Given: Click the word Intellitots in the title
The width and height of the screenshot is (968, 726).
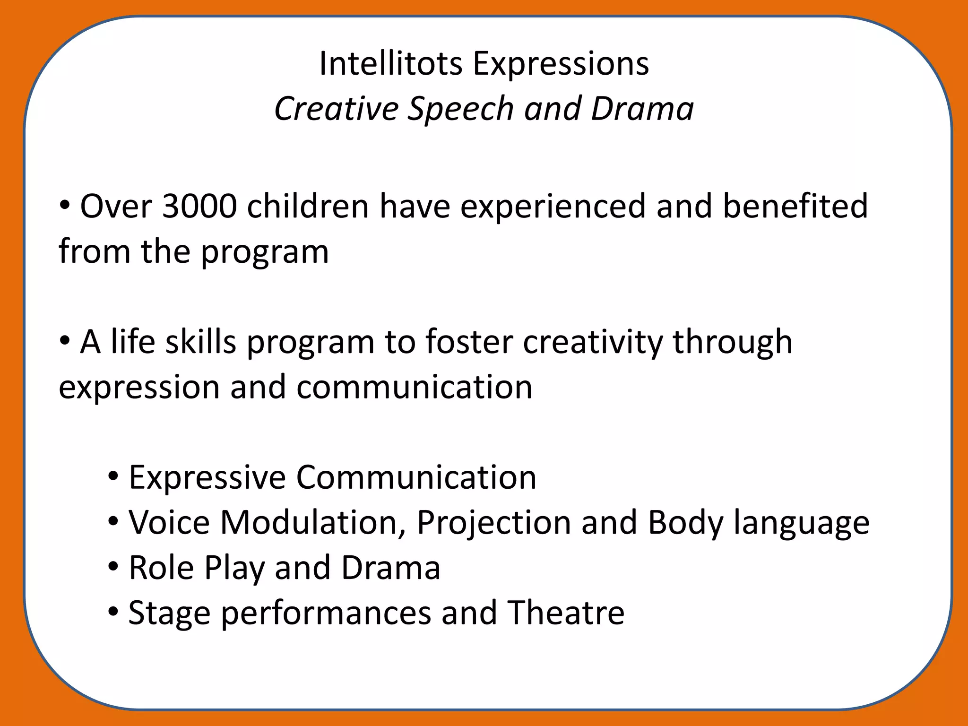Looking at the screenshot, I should (390, 63).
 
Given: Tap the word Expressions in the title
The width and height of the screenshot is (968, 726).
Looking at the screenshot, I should (561, 64).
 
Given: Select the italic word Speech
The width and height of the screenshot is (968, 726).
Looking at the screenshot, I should (460, 109).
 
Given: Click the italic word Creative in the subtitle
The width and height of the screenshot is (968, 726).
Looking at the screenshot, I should (336, 108).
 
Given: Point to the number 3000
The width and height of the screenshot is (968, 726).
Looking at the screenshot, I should (199, 207).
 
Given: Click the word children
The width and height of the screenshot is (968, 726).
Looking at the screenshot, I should (308, 207).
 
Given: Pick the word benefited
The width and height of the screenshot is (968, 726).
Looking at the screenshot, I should (795, 207).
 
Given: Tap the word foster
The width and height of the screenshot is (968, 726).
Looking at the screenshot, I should (469, 342).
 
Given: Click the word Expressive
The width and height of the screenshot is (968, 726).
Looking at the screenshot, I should (207, 477).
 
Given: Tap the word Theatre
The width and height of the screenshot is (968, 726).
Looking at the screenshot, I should (566, 613).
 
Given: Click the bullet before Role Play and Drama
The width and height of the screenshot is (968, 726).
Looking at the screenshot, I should (113, 566).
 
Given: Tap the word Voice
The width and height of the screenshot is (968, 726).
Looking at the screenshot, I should (169, 523).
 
